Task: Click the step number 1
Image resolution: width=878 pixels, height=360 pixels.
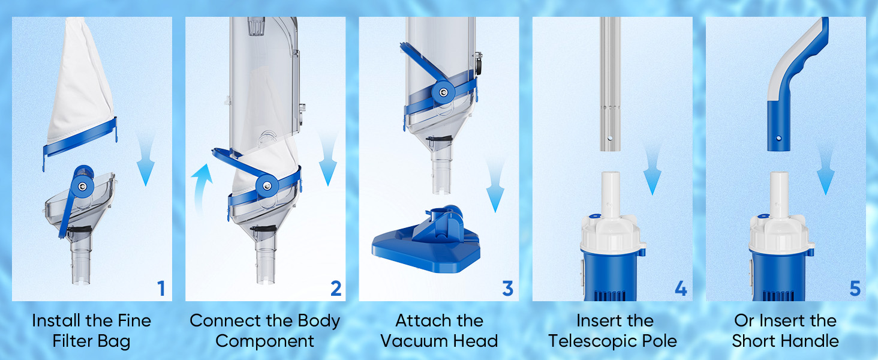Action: pos(161,289)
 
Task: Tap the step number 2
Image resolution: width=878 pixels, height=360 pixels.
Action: pos(336,289)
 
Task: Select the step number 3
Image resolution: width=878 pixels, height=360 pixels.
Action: pos(507,289)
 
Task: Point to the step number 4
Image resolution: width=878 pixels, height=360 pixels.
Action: pos(681,289)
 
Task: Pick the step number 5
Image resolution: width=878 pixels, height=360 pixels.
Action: pos(855,289)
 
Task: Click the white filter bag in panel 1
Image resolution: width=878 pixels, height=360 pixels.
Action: pos(81,82)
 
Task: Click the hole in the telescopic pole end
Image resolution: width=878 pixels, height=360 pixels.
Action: pos(610,138)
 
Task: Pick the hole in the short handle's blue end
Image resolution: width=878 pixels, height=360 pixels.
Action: pos(778,138)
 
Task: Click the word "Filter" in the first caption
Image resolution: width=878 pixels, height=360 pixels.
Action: pos(73,341)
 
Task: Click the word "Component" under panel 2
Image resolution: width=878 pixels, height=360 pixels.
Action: pos(264,341)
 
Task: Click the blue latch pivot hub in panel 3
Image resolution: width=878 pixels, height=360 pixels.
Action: pos(443,92)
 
